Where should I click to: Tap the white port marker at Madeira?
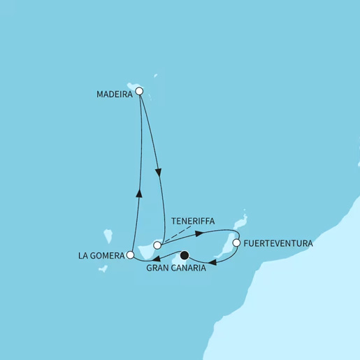pyautogui.click(x=139, y=91)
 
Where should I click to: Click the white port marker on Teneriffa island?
pyautogui.click(x=157, y=245)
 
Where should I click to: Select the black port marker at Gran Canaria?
pyautogui.click(x=185, y=256)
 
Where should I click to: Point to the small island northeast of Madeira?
pyautogui.click(x=155, y=77)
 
